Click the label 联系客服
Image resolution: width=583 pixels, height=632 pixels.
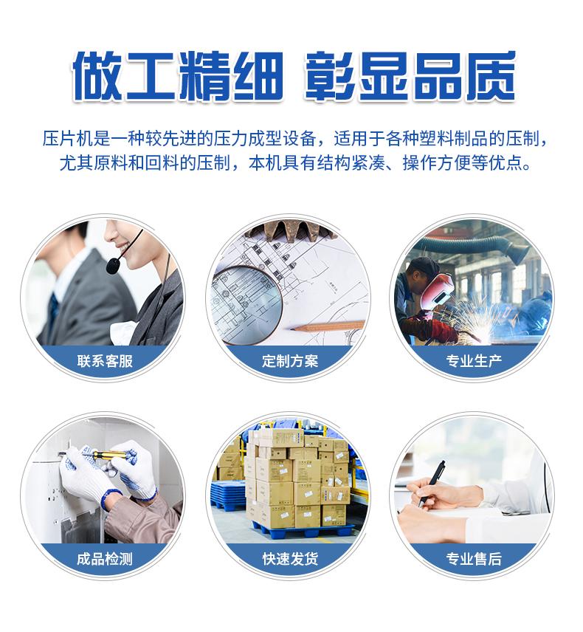point(105,361)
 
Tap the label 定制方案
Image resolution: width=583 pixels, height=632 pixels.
point(290,361)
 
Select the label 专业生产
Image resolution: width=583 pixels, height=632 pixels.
point(474,361)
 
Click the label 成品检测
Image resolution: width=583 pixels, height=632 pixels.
point(105,559)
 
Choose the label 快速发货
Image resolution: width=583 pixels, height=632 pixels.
point(290,559)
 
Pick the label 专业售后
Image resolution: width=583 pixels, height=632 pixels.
point(474,559)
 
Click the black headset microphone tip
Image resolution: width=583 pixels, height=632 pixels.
point(113,266)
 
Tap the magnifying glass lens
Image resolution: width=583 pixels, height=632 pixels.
point(246,300)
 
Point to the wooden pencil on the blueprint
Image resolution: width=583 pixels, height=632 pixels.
point(328,325)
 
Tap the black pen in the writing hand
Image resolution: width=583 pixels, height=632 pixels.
point(432,484)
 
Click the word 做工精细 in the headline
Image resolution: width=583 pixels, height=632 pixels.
point(177,76)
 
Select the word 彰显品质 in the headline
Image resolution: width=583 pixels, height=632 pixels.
point(410,76)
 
